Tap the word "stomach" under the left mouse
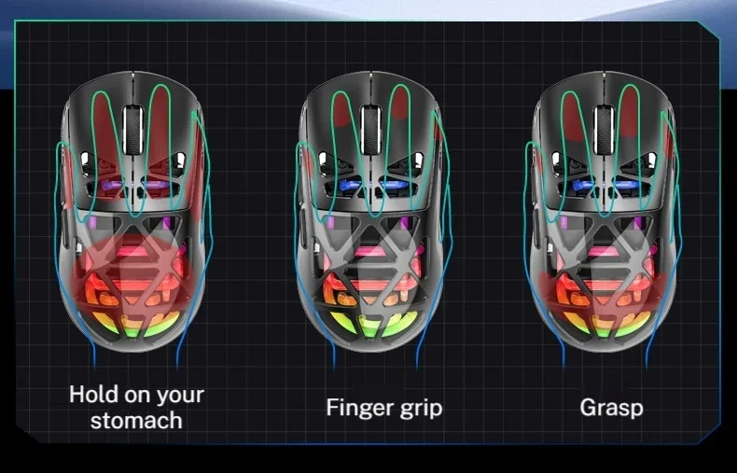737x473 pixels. pyautogui.click(x=136, y=420)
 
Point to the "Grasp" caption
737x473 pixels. pyautogui.click(x=611, y=408)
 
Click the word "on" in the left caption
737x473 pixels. pyautogui.click(x=132, y=395)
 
